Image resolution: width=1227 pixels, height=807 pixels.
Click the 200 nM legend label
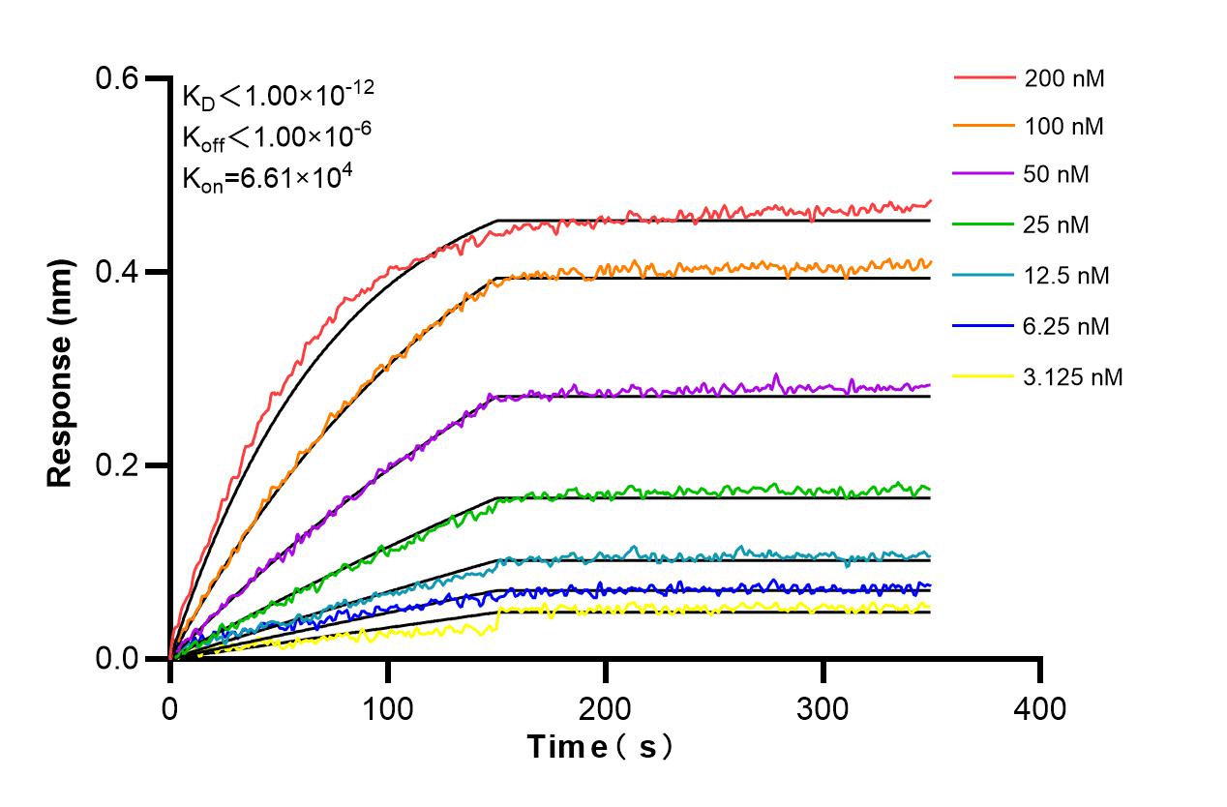(1064, 78)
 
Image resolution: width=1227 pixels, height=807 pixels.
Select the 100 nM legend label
(1064, 126)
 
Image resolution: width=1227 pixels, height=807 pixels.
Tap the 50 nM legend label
(1057, 175)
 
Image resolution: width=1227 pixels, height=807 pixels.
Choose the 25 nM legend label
(1057, 225)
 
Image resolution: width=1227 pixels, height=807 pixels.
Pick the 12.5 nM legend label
(1067, 276)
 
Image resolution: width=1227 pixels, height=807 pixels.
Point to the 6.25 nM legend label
(1067, 326)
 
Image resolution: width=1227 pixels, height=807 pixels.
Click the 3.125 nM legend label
(1074, 376)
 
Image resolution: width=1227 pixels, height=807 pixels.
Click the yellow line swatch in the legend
(984, 376)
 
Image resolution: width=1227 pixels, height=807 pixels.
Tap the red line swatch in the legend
(984, 77)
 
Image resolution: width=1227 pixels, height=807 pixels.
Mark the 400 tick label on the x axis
(1040, 709)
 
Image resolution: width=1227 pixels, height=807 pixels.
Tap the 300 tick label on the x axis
(823, 709)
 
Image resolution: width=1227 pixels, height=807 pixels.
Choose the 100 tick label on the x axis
(387, 709)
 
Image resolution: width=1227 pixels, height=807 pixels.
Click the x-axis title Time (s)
(599, 747)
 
